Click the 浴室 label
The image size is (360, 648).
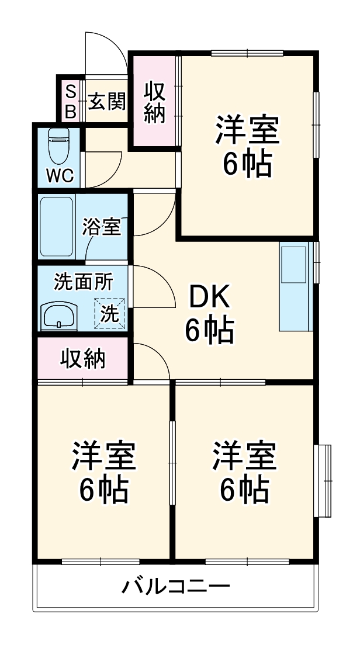coord(102,227)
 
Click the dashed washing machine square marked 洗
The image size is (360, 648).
coord(110,313)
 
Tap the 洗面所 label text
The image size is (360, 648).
coord(84,282)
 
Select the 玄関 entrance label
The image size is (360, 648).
coord(107,103)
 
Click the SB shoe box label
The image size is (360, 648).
coord(70,101)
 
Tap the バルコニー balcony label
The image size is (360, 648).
coord(175,585)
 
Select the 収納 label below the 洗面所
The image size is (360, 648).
coord(84,359)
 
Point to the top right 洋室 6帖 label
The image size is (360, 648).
coord(247,146)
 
